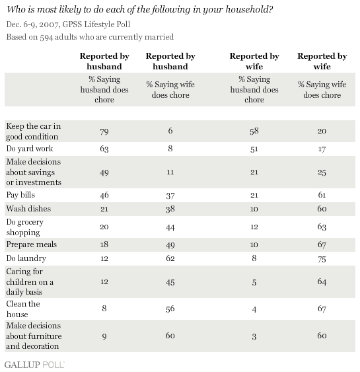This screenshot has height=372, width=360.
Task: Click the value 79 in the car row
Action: tap(104, 131)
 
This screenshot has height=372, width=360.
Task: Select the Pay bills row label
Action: tap(20, 195)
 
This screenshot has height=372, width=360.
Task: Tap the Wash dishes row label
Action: tap(28, 209)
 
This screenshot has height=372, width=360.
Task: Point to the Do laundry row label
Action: tap(26, 258)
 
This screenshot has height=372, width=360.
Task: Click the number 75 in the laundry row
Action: tap(322, 259)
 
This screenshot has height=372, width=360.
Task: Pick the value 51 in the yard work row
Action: tap(254, 149)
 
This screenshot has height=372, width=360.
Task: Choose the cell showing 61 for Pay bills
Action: tap(322, 195)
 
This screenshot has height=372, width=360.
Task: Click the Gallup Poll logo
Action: tap(34, 365)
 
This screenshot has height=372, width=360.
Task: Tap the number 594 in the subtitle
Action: tap(46, 37)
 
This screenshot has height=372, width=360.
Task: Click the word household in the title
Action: tap(249, 9)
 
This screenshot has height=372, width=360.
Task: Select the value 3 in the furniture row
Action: tap(254, 337)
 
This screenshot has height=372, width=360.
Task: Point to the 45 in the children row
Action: tap(170, 282)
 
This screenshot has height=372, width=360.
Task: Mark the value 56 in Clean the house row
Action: tap(170, 309)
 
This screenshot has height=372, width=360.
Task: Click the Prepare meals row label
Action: tap(32, 244)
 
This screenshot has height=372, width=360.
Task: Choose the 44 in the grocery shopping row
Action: tap(170, 227)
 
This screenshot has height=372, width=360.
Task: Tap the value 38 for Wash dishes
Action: tap(170, 209)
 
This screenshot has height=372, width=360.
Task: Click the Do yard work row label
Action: tap(30, 149)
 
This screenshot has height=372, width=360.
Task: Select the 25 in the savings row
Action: tap(322, 172)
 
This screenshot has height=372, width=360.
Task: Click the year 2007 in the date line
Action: tap(49, 24)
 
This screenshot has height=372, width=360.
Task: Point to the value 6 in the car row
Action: tap(170, 131)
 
